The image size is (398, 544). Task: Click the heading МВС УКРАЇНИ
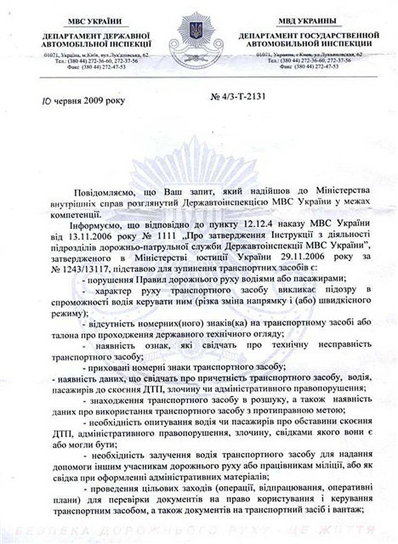point(94,21)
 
